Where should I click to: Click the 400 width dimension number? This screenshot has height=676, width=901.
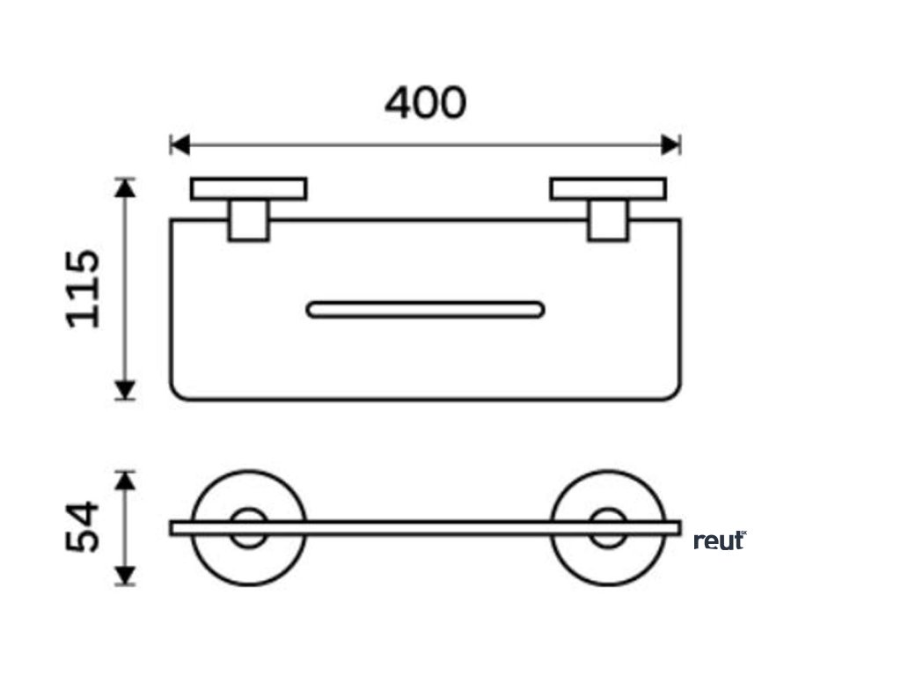pos(425,104)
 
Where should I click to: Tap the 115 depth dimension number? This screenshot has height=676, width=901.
pos(85,289)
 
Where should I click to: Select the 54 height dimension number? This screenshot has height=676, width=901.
pos(85,527)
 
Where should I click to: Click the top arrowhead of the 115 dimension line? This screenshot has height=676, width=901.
pos(127,188)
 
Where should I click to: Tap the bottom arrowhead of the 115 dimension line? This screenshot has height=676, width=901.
pos(127,389)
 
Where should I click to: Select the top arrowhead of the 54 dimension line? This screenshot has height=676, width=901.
pos(127,481)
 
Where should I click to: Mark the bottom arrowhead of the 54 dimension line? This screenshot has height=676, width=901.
pos(127,576)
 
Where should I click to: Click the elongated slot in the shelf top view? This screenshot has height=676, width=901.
pos(425,309)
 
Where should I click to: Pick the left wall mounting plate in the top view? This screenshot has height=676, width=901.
pos(249,189)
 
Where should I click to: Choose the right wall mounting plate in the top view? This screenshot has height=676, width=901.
pos(608,189)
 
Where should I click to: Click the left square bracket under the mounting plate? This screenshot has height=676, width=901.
pos(248,220)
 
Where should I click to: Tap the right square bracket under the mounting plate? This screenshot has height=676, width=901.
pos(608,220)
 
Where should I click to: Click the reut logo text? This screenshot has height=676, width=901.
pos(719,540)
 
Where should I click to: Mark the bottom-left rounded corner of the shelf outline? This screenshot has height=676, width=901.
pos(178,393)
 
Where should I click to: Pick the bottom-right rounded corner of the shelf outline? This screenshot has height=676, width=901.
pos(672,393)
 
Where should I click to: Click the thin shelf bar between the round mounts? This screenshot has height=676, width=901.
pos(425,528)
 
